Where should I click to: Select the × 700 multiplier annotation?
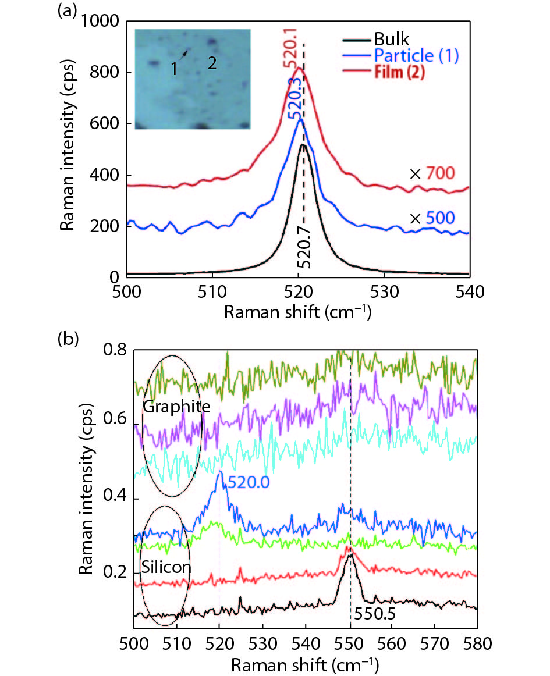pyautogui.click(x=431, y=173)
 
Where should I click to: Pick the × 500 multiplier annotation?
pyautogui.click(x=431, y=219)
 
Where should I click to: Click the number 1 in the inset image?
pyautogui.click(x=173, y=69)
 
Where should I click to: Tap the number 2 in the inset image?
pyautogui.click(x=212, y=63)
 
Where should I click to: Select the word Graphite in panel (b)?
pyautogui.click(x=176, y=407)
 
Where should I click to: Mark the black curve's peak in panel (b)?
pyautogui.click(x=349, y=555)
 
